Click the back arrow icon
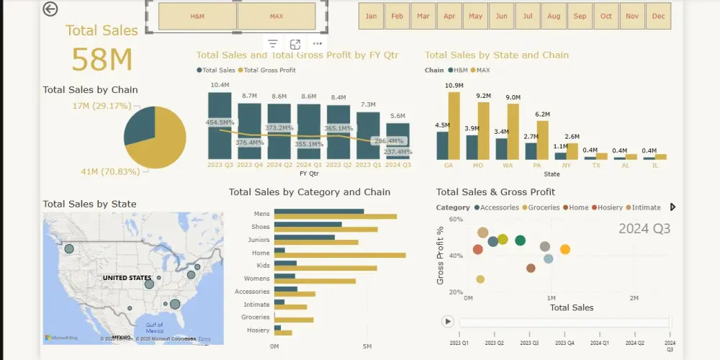click(50, 9)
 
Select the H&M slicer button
click(197, 16)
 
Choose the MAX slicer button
click(276, 16)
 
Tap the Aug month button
click(554, 16)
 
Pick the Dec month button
click(658, 16)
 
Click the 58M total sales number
click(102, 60)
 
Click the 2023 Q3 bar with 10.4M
click(220, 126)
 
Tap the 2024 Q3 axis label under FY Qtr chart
click(397, 164)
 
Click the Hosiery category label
click(258, 330)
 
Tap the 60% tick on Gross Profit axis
click(455, 219)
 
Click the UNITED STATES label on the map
click(127, 278)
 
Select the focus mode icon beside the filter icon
click(295, 45)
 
